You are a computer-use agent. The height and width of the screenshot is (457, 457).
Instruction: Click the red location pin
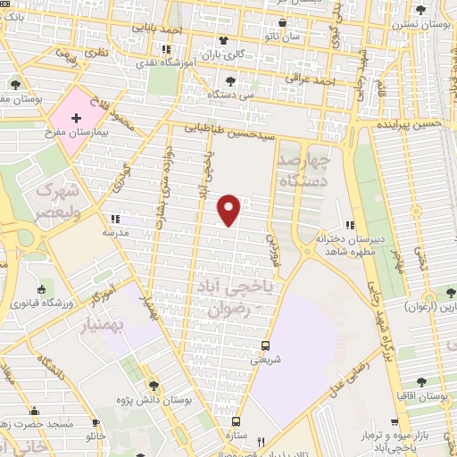coord(230,209)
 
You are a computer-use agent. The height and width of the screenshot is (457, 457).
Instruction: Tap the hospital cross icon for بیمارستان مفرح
coord(75,117)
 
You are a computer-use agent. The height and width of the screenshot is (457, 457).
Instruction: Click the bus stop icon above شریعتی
coord(265,346)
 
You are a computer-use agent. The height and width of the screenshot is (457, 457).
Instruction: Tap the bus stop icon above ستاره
coord(237,421)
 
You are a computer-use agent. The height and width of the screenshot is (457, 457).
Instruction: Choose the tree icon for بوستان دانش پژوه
coord(154,386)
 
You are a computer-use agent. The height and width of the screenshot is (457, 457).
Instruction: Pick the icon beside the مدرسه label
coord(113,218)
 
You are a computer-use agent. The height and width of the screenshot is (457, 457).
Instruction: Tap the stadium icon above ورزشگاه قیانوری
coord(42,289)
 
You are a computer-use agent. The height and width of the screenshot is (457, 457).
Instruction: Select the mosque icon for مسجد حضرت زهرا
coord(36,411)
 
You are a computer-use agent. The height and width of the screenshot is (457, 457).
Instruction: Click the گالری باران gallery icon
coord(223,41)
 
